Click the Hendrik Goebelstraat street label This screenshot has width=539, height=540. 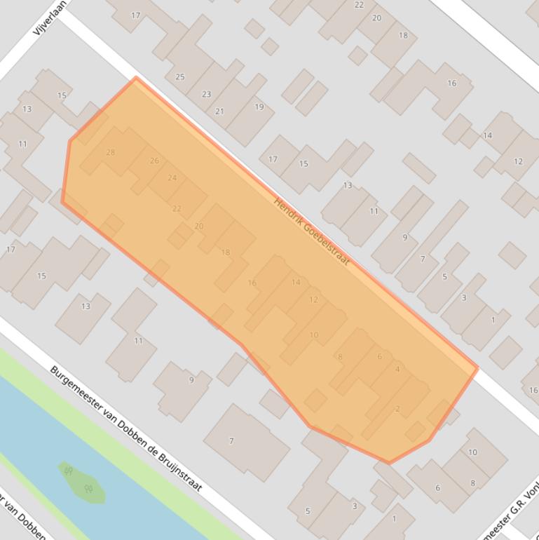(x=311, y=232)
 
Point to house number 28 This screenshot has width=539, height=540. (x=110, y=152)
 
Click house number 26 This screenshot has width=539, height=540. (x=154, y=161)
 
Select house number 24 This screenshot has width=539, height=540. (x=172, y=177)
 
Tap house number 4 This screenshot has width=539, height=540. (x=397, y=370)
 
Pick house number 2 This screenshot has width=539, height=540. (x=397, y=409)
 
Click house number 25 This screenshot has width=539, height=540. (x=180, y=76)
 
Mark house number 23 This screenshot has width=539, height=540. (x=206, y=94)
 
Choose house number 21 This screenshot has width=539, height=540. (x=219, y=111)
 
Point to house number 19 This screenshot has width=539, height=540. (x=259, y=107)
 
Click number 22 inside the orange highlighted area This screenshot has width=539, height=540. (x=177, y=208)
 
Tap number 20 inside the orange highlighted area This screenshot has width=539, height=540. (x=199, y=226)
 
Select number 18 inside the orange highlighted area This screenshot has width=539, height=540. (x=225, y=252)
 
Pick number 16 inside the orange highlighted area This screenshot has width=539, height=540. (x=252, y=283)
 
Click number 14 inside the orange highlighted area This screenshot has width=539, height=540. (x=296, y=282)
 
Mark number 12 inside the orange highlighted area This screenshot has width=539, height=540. (x=313, y=299)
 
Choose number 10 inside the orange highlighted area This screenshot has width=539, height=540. (x=313, y=335)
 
